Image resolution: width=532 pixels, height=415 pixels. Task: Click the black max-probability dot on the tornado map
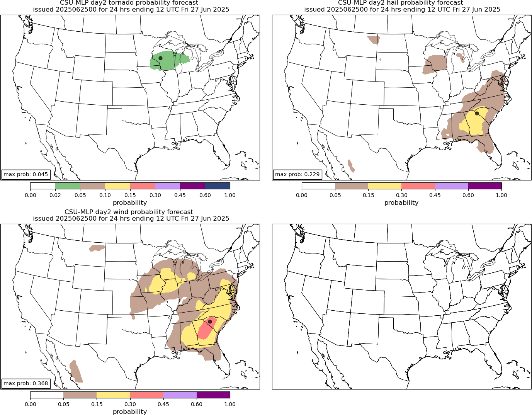pos(160,58)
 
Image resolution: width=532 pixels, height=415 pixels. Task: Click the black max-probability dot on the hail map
pos(477,113)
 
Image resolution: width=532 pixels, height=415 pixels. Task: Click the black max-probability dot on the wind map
pos(210,321)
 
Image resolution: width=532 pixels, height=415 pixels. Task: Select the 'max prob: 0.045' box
pos(26,174)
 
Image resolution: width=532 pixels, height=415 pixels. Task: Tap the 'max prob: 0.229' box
pos(297,174)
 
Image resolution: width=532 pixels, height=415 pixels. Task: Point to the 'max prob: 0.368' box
pos(26,383)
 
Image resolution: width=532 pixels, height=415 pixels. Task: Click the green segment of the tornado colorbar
pos(68,186)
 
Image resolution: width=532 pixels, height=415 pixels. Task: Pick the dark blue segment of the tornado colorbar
pos(217,186)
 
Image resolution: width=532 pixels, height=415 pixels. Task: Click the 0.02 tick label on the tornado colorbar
pos(55,195)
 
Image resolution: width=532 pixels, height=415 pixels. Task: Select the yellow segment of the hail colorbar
pos(385,186)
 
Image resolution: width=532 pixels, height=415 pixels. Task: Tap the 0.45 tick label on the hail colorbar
pos(435,195)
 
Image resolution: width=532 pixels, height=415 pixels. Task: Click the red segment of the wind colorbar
pos(147,395)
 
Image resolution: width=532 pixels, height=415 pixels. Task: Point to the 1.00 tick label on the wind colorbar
pos(230,404)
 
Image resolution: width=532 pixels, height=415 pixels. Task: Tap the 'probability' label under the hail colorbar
pos(401,202)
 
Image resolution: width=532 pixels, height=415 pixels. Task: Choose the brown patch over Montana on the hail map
pos(373,39)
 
